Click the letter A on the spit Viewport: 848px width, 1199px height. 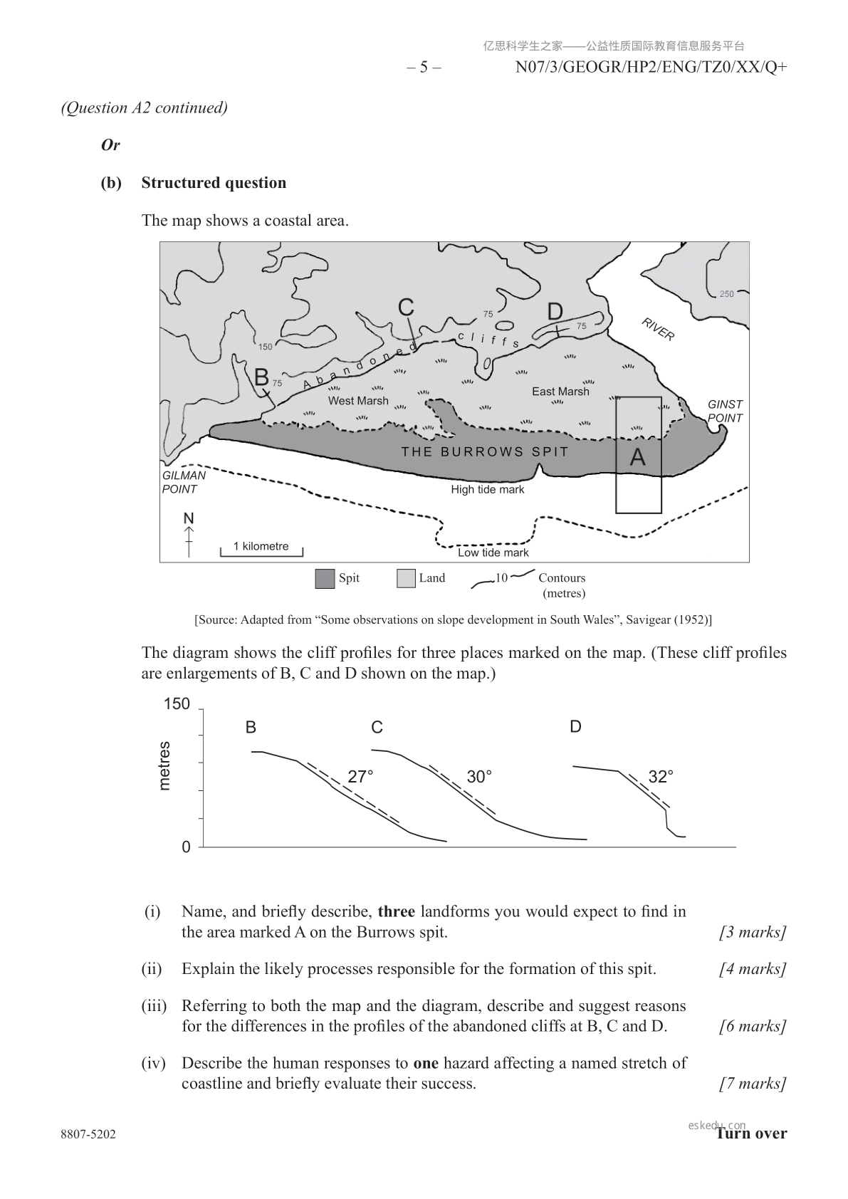[x=637, y=457]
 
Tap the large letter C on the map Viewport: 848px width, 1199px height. [x=406, y=307]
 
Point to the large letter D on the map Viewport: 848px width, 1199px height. [x=555, y=312]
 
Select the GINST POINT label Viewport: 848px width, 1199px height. [x=725, y=412]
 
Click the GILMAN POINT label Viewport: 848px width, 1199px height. [x=184, y=482]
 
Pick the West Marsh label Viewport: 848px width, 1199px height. [x=358, y=401]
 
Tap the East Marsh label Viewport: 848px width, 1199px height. [x=560, y=392]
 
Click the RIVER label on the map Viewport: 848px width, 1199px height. [x=658, y=329]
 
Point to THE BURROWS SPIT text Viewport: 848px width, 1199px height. [x=485, y=451]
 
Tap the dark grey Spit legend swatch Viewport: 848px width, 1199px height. [x=325, y=579]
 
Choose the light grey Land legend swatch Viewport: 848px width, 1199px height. [x=406, y=579]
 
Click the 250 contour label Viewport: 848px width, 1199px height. [x=726, y=294]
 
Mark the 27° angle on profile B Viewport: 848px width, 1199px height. [x=360, y=777]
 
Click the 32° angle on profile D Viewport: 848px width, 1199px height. [x=661, y=776]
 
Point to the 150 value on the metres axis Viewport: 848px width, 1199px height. [x=177, y=704]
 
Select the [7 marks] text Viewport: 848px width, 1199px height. [x=753, y=1084]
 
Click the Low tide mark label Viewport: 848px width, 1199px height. [x=493, y=553]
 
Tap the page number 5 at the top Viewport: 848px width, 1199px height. [x=424, y=68]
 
